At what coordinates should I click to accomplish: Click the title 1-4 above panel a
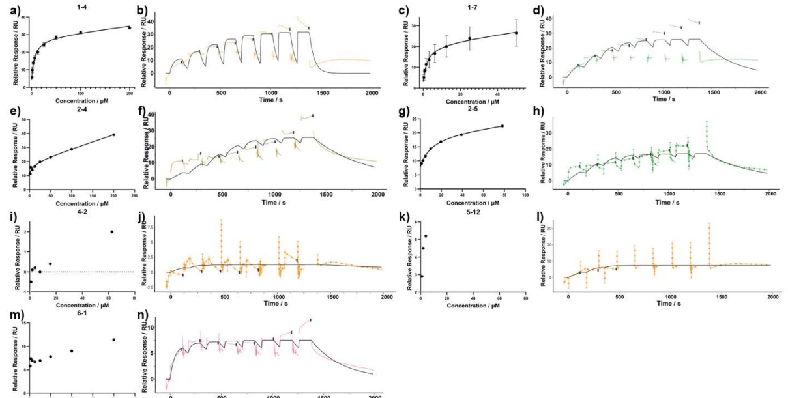tap(80, 5)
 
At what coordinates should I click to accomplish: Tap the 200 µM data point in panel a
tap(130, 27)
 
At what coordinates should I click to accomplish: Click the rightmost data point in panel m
tap(114, 339)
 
